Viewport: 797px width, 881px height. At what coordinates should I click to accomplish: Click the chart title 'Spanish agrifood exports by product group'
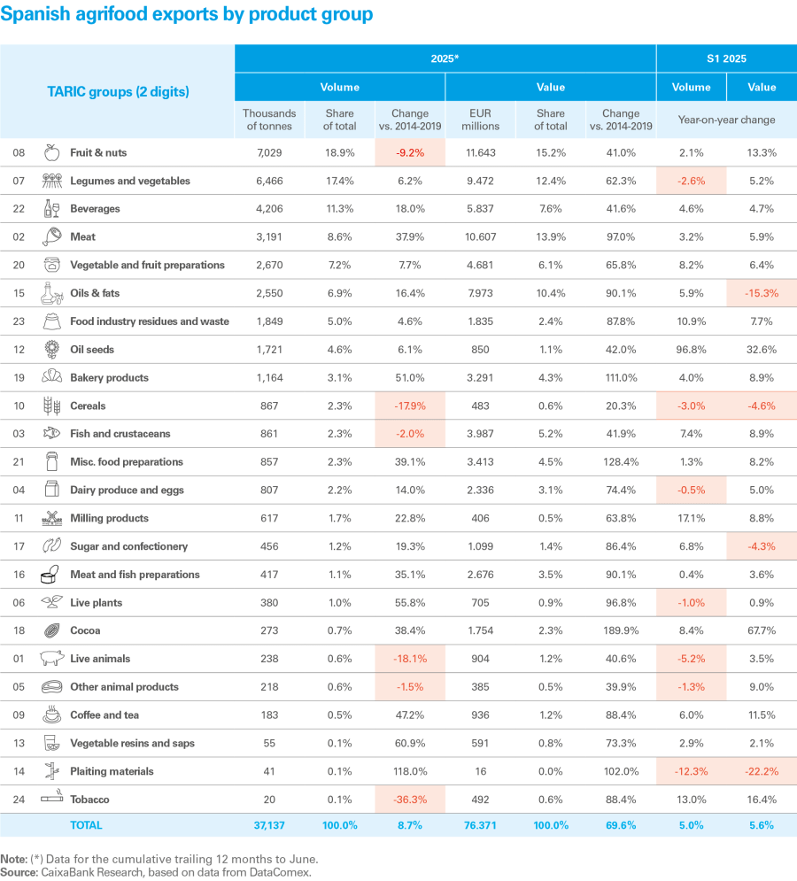point(187,15)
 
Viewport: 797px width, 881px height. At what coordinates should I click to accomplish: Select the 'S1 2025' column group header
point(725,58)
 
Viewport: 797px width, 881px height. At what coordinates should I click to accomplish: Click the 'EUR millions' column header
point(481,120)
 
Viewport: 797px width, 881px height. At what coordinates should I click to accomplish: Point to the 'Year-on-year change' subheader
point(726,120)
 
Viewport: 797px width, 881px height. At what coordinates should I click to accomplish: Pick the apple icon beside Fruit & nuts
point(51,152)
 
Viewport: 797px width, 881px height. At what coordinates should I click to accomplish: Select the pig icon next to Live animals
point(51,659)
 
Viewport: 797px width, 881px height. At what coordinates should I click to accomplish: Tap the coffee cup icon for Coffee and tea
point(51,715)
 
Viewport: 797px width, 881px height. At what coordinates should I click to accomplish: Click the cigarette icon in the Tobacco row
point(51,799)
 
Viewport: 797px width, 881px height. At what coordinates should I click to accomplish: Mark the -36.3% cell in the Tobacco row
point(409,800)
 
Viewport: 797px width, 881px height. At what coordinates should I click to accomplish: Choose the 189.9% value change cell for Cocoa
point(620,630)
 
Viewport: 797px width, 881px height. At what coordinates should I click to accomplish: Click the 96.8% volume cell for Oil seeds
point(691,350)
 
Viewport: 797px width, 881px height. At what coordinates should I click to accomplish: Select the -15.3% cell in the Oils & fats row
point(762,293)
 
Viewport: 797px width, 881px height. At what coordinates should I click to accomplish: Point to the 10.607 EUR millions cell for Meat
point(481,237)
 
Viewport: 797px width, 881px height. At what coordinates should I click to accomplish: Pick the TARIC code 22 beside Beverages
point(19,209)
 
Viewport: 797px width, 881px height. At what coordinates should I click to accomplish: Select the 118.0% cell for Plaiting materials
point(409,771)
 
